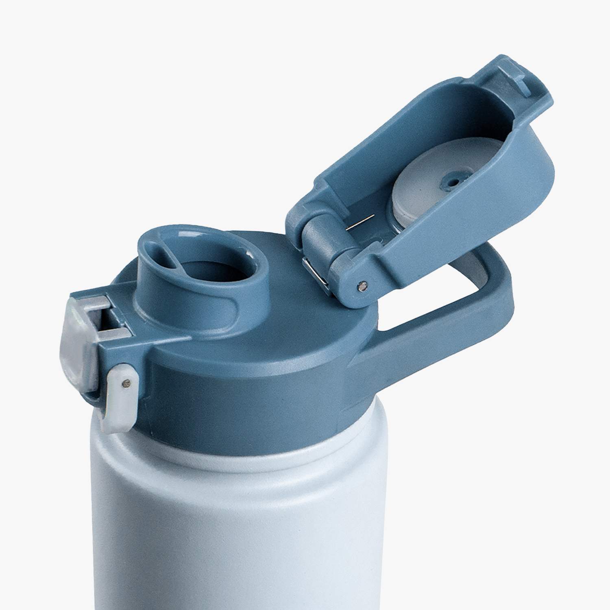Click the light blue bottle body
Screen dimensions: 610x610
244,529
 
